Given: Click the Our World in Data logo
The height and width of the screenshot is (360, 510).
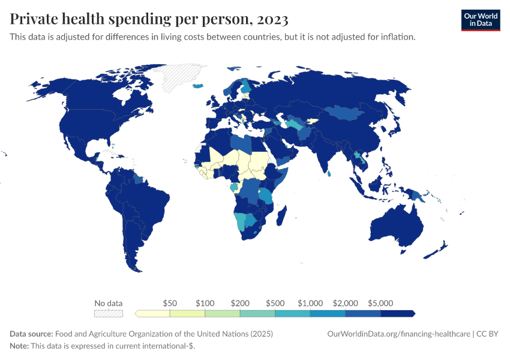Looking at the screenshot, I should click(480, 19).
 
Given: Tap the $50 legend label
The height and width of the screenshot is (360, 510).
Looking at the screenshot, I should click(170, 303).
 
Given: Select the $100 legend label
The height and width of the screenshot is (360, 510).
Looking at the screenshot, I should click(205, 303).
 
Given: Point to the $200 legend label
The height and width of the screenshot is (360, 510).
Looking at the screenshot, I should click(239, 303).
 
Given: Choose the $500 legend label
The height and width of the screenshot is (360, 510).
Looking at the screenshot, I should click(275, 303).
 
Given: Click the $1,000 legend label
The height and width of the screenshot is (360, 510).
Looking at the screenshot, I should click(310, 303).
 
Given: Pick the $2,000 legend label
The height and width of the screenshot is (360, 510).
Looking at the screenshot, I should click(345, 303).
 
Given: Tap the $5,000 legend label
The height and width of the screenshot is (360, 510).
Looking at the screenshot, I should click(380, 303).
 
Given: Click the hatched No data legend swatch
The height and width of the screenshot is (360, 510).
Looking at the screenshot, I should click(109, 313).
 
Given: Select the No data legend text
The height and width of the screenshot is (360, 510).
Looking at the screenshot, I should click(109, 303).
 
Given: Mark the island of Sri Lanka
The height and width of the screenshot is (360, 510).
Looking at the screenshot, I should click(330, 174).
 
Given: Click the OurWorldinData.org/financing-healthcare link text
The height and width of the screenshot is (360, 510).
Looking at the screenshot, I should click(398, 334).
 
